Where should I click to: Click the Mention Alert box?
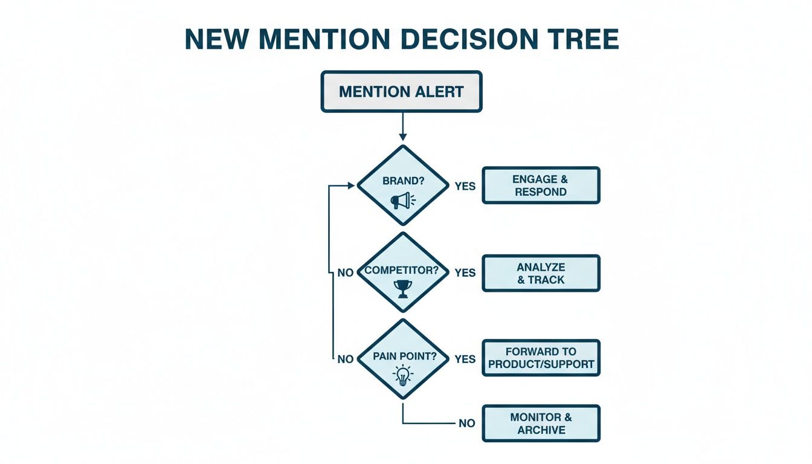click(401, 92)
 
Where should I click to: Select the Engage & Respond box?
click(541, 185)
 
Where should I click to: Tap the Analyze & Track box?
click(541, 273)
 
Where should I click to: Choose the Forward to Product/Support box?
click(541, 358)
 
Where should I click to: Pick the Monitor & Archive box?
click(541, 424)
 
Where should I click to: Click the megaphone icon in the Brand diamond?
click(402, 200)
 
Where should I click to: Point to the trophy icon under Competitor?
click(402, 288)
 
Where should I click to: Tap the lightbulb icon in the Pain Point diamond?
click(402, 376)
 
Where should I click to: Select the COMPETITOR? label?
click(401, 270)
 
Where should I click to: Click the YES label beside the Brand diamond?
click(465, 186)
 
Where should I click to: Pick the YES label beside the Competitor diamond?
click(465, 273)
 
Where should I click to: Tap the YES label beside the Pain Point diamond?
click(465, 359)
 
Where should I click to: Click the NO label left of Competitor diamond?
click(345, 273)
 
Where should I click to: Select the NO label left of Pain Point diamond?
click(345, 359)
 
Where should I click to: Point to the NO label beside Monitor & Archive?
click(466, 424)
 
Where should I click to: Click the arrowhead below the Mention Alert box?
click(402, 138)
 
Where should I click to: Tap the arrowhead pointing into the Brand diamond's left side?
click(351, 186)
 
